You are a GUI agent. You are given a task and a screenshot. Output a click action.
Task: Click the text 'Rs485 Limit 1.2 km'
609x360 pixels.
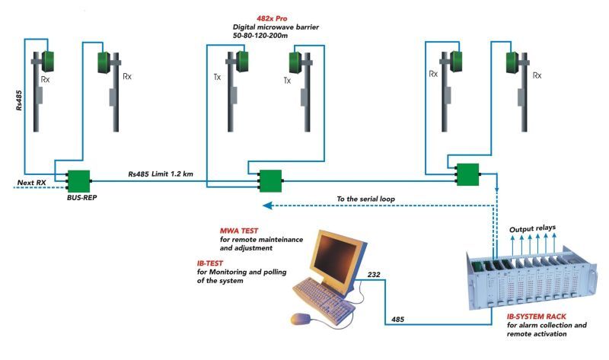tap(161, 174)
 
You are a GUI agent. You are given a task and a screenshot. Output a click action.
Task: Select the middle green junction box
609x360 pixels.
tap(269, 181)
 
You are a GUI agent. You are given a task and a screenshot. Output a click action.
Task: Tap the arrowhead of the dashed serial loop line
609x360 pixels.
tap(267, 205)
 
